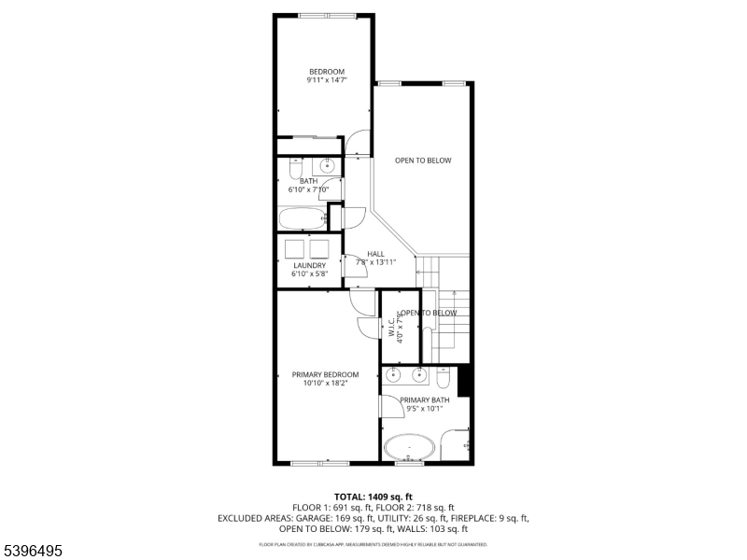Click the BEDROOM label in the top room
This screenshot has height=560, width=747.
327,72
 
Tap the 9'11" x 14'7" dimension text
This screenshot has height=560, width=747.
327,81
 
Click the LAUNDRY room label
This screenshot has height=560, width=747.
309,265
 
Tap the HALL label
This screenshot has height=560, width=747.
375,254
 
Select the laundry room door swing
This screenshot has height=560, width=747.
356,265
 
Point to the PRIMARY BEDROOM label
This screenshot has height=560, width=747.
325,374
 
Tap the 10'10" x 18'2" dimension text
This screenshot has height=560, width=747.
325,383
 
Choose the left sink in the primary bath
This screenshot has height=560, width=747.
393,375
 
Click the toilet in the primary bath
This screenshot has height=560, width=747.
444,377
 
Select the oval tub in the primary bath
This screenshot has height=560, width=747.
408,446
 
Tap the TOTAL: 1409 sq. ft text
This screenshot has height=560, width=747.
373,496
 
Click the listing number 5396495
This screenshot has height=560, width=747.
32,552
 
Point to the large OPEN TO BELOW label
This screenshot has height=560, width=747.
422,161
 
